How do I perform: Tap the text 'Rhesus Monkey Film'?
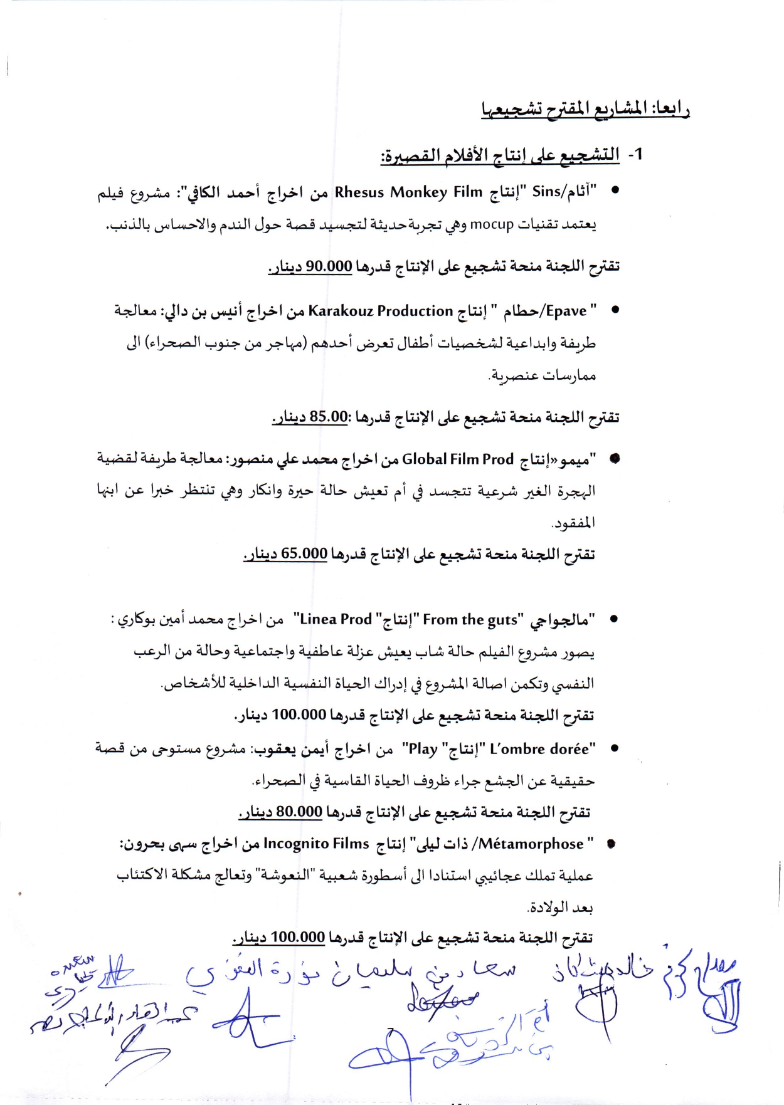[408, 192]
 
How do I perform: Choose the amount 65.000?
[304, 553]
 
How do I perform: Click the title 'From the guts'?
[470, 620]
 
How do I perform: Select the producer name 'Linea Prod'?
[336, 619]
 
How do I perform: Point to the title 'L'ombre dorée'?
[539, 748]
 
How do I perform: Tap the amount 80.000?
[299, 812]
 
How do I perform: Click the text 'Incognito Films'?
[316, 844]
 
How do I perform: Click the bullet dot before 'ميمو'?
[615, 459]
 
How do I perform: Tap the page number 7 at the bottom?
[390, 1032]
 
